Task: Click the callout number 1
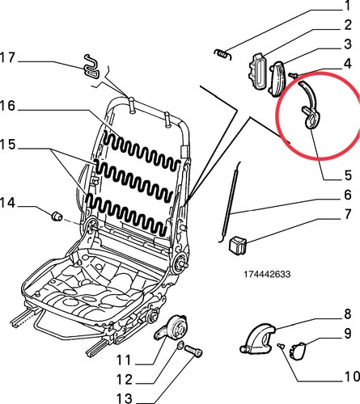348,6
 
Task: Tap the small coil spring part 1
222,54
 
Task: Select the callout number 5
349,175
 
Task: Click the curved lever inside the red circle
310,107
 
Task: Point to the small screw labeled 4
293,75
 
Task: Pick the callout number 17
7,57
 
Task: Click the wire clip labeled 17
91,67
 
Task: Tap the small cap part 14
57,216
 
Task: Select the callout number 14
7,202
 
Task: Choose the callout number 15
7,145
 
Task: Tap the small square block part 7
238,245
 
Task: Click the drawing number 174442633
267,274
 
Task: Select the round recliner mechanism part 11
172,328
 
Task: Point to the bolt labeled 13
193,351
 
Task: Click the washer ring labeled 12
180,345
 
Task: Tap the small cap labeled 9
298,351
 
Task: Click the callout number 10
352,377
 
